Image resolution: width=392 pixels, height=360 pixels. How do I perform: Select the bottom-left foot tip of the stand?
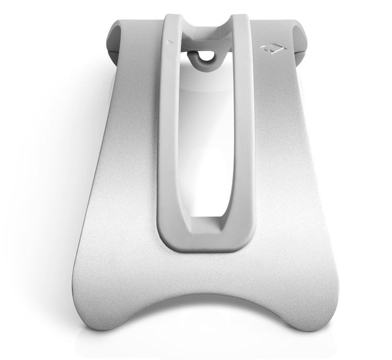coord(89,331)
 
